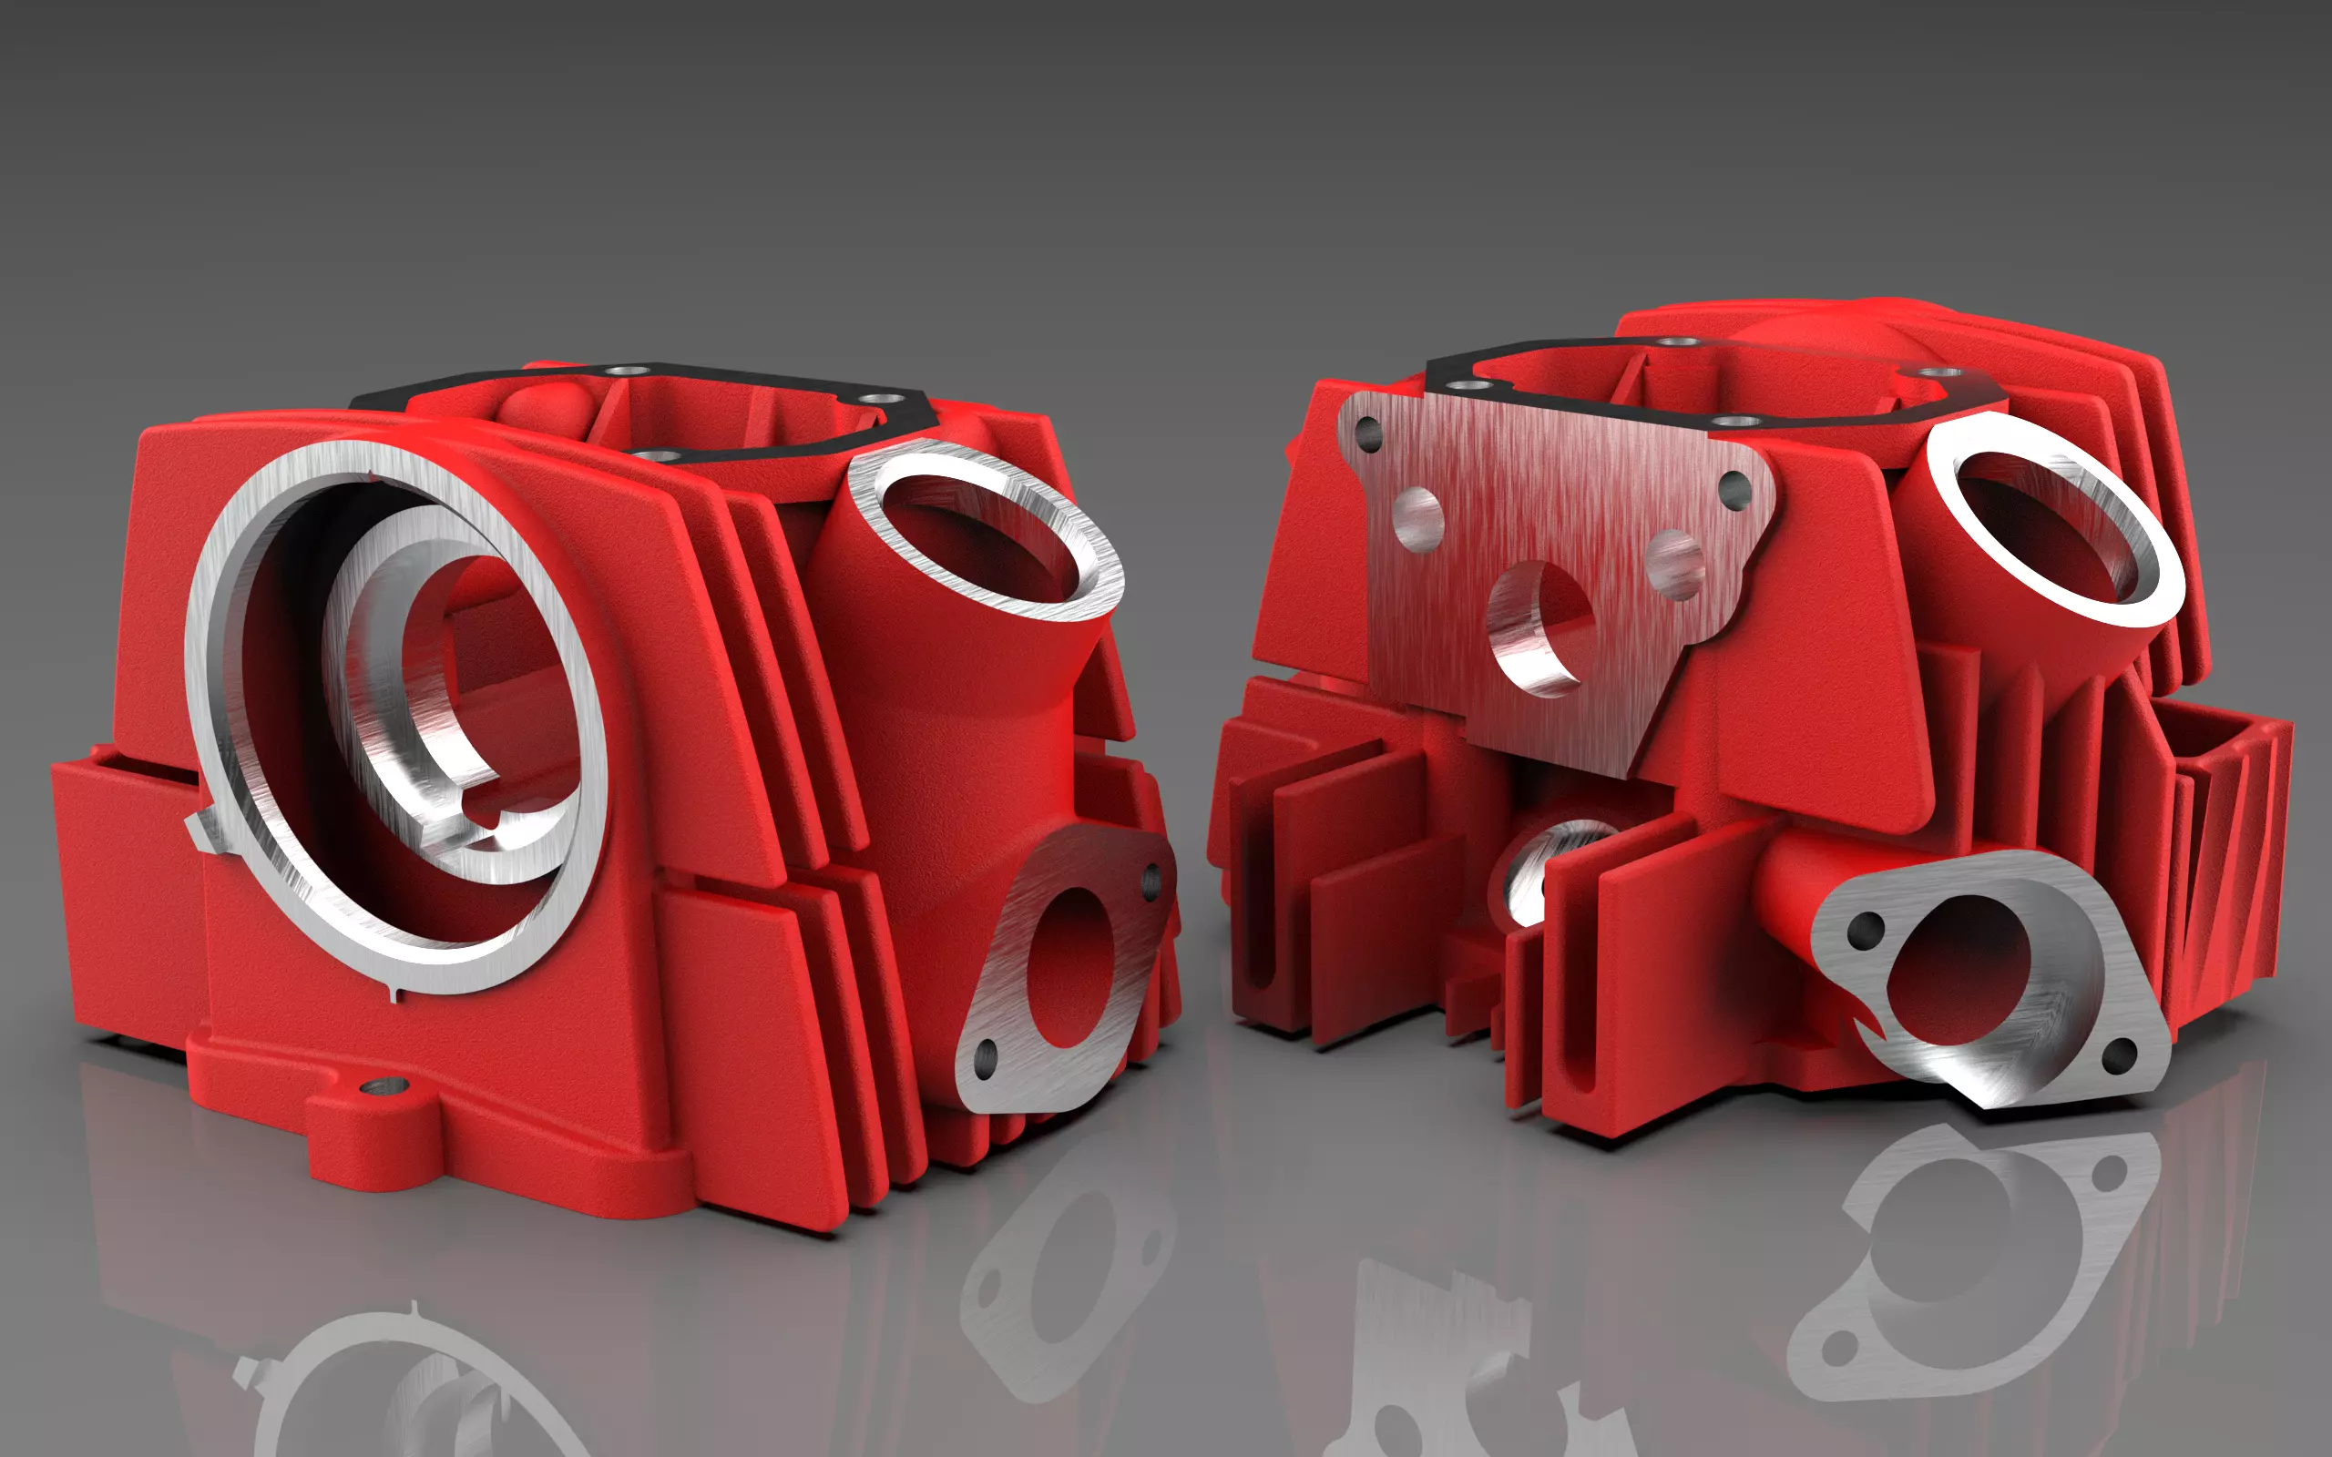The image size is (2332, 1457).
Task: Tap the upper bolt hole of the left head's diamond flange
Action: [x=1151, y=879]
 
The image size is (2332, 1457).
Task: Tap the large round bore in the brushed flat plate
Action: [x=1539, y=627]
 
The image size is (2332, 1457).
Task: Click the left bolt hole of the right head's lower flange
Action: [x=1867, y=928]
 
